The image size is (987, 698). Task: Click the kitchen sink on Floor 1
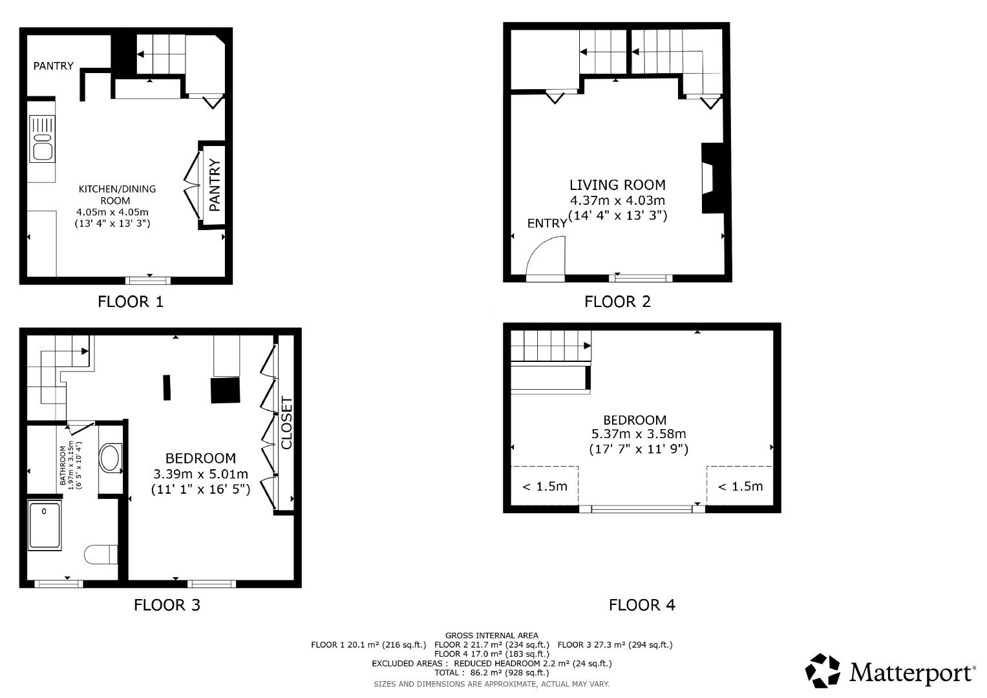pyautogui.click(x=43, y=139)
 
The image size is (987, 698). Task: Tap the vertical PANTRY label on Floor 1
pyautogui.click(x=215, y=185)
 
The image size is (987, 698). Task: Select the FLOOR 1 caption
pyautogui.click(x=131, y=301)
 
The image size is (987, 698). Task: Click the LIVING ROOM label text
pyautogui.click(x=617, y=185)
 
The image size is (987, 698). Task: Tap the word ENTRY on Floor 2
pyautogui.click(x=547, y=223)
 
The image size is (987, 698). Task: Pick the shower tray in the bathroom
pyautogui.click(x=45, y=525)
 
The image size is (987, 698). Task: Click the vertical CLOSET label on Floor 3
pyautogui.click(x=286, y=423)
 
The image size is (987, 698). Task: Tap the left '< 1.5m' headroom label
pyautogui.click(x=544, y=486)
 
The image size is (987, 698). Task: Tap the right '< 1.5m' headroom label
pyautogui.click(x=740, y=486)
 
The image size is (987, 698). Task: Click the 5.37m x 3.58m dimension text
pyautogui.click(x=639, y=434)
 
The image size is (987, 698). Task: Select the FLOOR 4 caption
pyautogui.click(x=642, y=605)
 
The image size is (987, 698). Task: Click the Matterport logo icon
pyautogui.click(x=823, y=671)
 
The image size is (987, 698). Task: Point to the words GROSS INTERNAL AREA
pyautogui.click(x=492, y=635)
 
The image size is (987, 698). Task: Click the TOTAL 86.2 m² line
pyautogui.click(x=492, y=672)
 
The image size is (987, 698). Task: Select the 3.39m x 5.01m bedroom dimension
pyautogui.click(x=200, y=474)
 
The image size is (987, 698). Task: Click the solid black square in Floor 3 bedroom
pyautogui.click(x=226, y=391)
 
